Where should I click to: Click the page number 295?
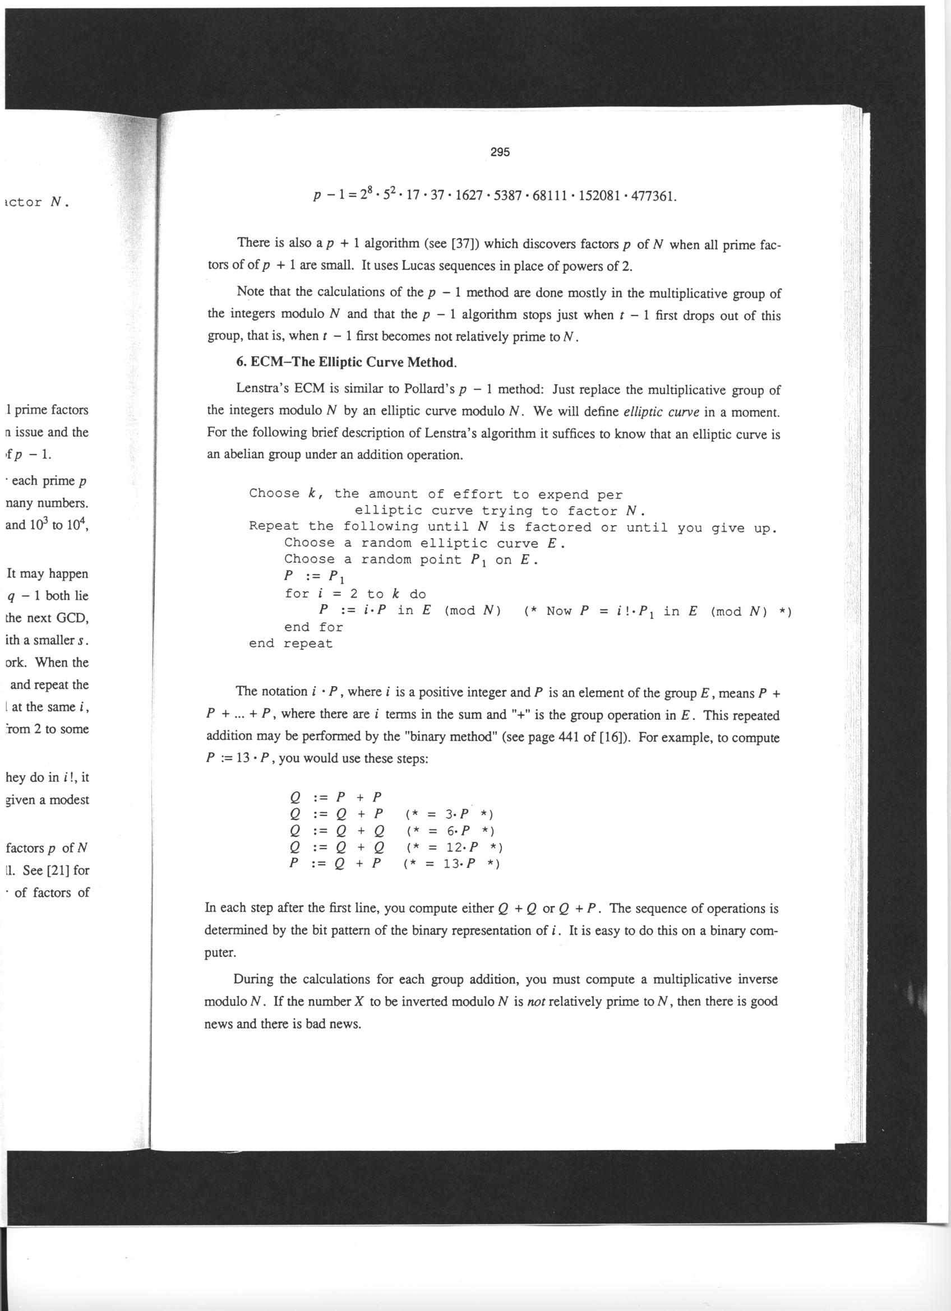[500, 152]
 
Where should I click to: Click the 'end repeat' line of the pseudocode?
[291, 643]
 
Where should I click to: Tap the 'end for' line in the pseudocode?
[313, 627]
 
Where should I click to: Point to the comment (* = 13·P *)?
[451, 864]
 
